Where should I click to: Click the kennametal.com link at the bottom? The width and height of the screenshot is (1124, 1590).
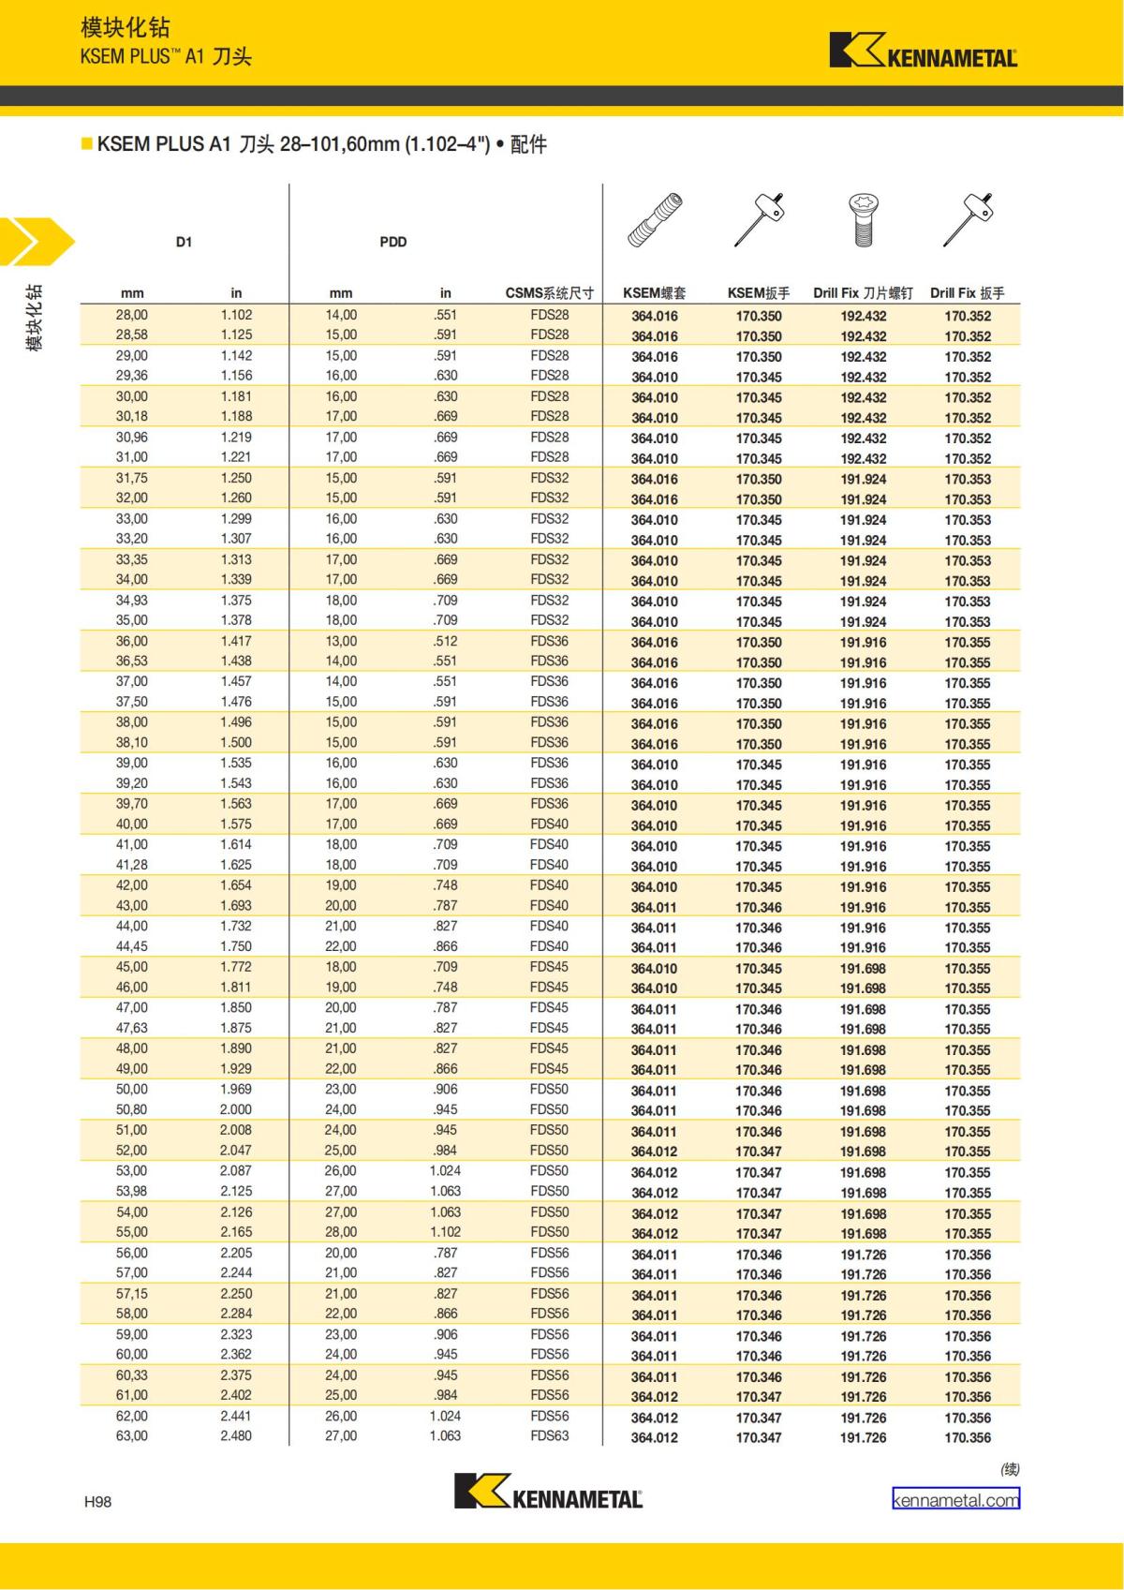(955, 1499)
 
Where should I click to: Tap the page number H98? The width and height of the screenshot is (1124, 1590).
(97, 1502)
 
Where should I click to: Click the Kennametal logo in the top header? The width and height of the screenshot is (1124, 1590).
(923, 52)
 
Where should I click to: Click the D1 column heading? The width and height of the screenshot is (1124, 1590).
(184, 242)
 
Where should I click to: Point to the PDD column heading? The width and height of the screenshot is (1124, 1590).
(393, 242)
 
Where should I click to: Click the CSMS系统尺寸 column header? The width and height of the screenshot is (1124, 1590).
(549, 293)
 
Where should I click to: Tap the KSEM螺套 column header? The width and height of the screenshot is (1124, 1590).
(654, 293)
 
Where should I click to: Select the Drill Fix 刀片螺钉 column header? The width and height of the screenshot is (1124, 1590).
(863, 293)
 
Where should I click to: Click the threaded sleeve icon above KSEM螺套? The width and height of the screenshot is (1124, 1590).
(654, 221)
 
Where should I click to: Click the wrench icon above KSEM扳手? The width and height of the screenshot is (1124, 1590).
(759, 220)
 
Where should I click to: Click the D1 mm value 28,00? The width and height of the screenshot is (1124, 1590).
(131, 315)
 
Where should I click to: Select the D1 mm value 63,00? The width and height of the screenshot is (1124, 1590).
(131, 1435)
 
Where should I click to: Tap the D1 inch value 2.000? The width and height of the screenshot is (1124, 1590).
(236, 1109)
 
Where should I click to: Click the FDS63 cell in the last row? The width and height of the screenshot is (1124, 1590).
(549, 1435)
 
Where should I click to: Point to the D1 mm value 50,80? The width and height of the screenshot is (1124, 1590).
(131, 1109)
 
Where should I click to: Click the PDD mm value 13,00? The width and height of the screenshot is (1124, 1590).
(341, 641)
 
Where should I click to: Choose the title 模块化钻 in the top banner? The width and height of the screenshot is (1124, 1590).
(126, 28)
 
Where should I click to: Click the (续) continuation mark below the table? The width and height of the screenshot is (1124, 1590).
(1009, 1469)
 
